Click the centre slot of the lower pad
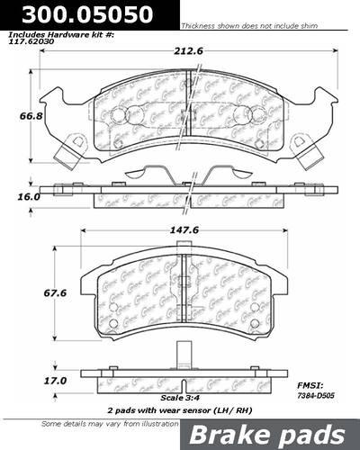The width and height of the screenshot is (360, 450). click(184, 288)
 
